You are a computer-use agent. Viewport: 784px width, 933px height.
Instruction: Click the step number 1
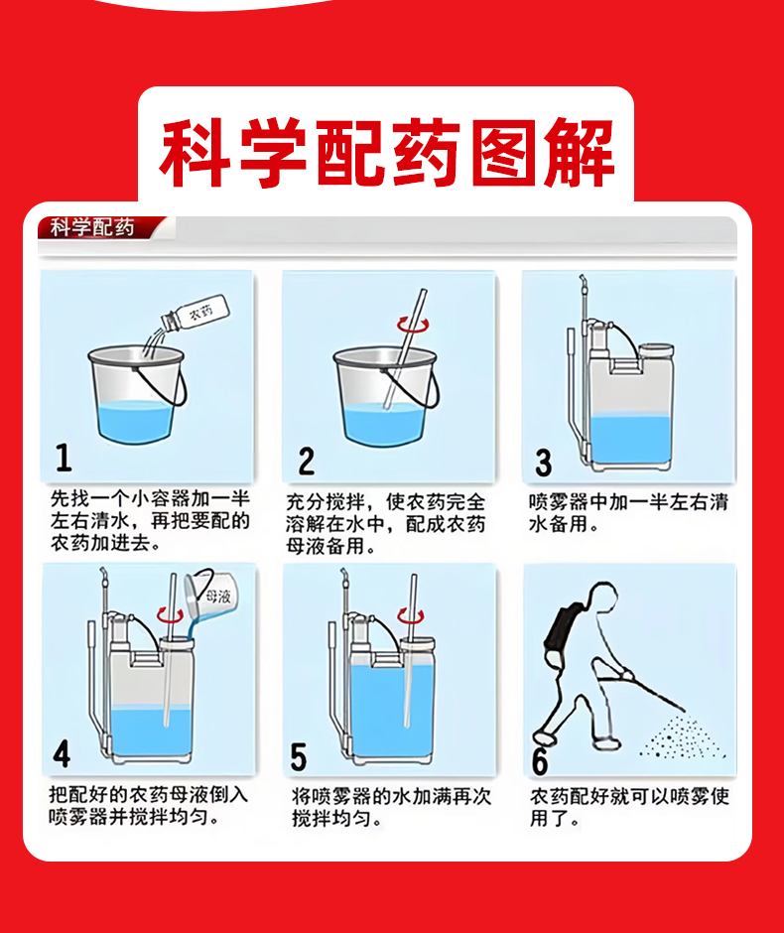pyautogui.click(x=64, y=458)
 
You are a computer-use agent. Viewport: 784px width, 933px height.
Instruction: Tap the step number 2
pyautogui.click(x=307, y=462)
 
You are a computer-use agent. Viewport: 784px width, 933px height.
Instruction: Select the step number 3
pyautogui.click(x=543, y=463)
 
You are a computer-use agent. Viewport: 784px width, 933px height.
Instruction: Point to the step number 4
pyautogui.click(x=62, y=754)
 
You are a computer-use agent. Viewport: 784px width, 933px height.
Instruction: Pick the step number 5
pyautogui.click(x=298, y=757)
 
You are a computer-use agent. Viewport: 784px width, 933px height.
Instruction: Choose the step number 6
pyautogui.click(x=540, y=761)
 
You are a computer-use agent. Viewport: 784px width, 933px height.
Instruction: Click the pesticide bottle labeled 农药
pyautogui.click(x=196, y=313)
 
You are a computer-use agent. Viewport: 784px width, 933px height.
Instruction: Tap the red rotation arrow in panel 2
pyautogui.click(x=414, y=325)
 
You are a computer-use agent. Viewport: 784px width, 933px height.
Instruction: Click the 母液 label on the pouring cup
pyautogui.click(x=218, y=596)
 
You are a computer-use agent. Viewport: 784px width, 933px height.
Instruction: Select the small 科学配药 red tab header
pyautogui.click(x=93, y=227)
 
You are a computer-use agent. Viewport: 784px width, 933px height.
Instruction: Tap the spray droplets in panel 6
pyautogui.click(x=683, y=737)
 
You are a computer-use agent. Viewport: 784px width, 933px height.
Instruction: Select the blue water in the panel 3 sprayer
pyautogui.click(x=630, y=439)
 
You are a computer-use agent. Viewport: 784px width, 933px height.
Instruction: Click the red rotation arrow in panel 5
pyautogui.click(x=411, y=615)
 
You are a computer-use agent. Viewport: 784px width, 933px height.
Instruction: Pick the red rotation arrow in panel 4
pyautogui.click(x=171, y=615)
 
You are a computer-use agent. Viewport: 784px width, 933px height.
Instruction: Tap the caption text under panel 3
pyautogui.click(x=628, y=513)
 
